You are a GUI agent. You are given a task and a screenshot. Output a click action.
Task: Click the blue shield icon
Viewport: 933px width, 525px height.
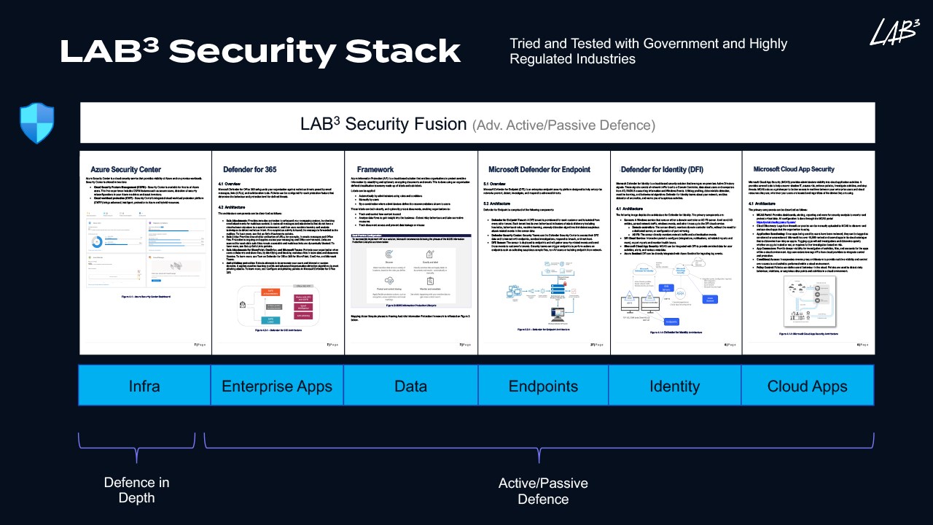37,123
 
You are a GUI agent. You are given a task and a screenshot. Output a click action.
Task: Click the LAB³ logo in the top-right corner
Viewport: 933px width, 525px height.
894,33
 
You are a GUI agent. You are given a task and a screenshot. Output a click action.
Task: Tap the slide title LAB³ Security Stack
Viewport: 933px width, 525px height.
260,52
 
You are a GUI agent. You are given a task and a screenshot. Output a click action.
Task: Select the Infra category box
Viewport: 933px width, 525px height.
144,386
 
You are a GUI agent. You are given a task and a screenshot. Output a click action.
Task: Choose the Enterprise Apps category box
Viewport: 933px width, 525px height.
277,386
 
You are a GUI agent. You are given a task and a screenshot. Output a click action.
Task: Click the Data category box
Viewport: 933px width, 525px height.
410,386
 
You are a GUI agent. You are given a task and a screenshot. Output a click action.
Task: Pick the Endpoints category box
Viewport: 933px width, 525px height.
543,386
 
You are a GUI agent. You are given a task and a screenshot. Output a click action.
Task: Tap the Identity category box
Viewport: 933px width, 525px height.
675,386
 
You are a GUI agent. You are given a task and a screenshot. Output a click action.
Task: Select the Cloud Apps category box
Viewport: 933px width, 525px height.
808,386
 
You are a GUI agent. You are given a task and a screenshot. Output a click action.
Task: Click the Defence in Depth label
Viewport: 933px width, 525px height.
136,490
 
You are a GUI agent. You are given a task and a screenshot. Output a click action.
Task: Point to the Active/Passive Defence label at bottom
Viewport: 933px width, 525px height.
543,490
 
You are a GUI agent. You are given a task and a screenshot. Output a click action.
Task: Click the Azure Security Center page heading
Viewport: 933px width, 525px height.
126,170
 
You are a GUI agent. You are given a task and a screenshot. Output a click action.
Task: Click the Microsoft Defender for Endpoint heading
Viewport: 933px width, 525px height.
539,170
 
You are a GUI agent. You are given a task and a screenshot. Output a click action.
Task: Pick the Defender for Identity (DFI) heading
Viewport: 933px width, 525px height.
662,170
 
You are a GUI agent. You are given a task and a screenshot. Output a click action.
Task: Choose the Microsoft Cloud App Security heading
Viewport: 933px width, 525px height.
794,170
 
